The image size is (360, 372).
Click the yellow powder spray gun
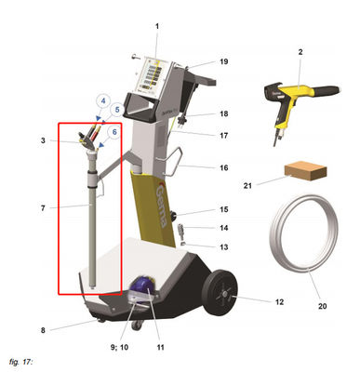(297, 98)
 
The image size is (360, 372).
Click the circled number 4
(103, 101)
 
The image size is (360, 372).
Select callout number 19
(223, 61)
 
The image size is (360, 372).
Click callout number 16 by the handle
(223, 167)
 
